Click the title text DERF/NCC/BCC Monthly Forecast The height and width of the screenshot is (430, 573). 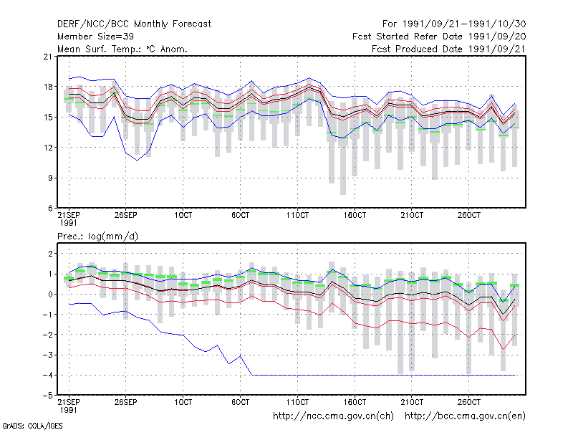coord(134,24)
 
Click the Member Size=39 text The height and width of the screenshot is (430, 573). coord(95,37)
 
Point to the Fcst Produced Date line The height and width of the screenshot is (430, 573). coord(448,49)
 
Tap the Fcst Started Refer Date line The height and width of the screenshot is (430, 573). coord(439,37)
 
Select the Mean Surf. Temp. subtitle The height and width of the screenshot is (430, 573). coord(122,49)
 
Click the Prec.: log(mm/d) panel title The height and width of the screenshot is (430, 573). coord(97,236)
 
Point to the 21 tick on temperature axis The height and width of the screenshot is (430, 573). coord(48,57)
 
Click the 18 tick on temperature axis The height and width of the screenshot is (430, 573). coord(48,87)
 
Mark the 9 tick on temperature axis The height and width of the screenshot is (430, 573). coord(50,178)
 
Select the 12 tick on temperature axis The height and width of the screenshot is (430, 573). coord(48,148)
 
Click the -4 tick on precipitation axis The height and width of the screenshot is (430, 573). coord(47,375)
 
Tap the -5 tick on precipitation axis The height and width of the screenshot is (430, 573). coord(47,396)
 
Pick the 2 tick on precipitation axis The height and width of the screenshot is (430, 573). coord(50,254)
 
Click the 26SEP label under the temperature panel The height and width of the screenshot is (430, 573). coord(126,215)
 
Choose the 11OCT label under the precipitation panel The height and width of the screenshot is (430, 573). coord(297,402)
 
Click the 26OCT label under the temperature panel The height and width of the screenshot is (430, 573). coord(469,215)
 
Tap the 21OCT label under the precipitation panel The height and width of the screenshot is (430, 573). coord(412,402)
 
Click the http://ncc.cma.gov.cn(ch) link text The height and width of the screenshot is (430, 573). coord(333,416)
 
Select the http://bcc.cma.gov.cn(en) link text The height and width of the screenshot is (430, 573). coord(465,416)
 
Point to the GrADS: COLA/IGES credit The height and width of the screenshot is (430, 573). coord(33,426)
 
